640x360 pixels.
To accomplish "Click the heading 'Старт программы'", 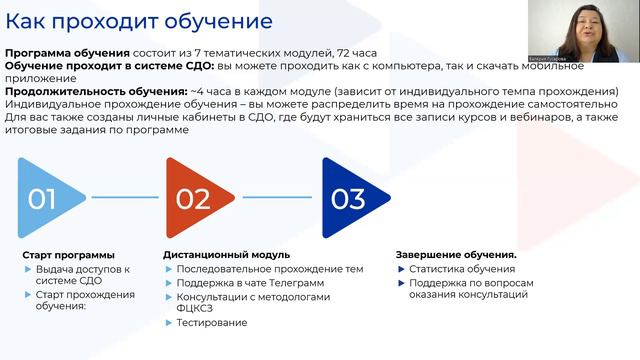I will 68,255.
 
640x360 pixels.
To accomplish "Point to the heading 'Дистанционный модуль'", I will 226,255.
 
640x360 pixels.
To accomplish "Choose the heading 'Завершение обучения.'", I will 456,255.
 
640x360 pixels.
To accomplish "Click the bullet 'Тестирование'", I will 211,323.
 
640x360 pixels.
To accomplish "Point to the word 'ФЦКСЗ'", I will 196,309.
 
